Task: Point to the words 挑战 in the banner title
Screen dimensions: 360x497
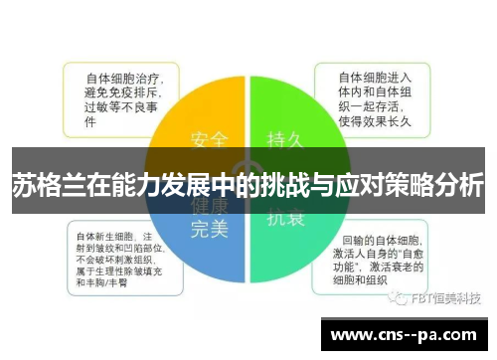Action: click(295, 185)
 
